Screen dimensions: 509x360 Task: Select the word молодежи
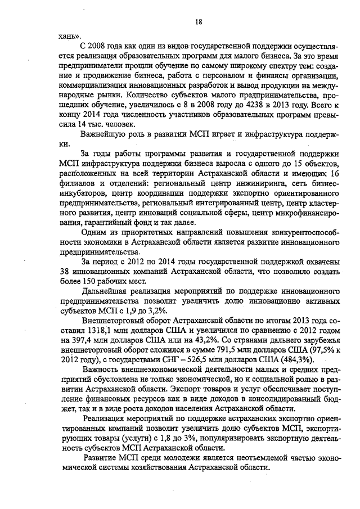[168, 460]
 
